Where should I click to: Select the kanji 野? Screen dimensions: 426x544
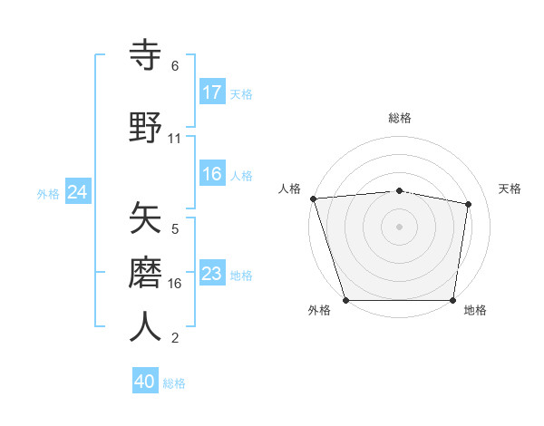[x=146, y=126]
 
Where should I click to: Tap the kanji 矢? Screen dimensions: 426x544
[x=146, y=218]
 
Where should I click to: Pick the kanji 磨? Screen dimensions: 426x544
[x=146, y=272]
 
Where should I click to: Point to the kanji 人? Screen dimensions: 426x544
[x=146, y=326]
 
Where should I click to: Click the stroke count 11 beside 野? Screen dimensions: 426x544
[x=175, y=139]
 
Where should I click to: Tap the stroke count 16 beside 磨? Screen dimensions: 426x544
[x=175, y=284]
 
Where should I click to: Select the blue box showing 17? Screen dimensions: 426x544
[x=212, y=92]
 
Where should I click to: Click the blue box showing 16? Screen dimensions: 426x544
[x=212, y=174]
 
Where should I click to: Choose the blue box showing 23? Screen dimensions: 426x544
[x=212, y=274]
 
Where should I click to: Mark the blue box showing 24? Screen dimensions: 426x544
[x=78, y=192]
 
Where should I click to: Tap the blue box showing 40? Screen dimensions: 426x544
[x=145, y=382]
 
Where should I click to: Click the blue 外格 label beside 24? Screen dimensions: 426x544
[x=48, y=193]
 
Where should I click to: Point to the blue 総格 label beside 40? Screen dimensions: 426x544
[x=174, y=383]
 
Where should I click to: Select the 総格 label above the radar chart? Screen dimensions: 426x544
[x=400, y=118]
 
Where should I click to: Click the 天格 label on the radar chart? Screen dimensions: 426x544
[x=510, y=189]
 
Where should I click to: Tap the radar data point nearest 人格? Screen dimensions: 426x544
[x=313, y=198]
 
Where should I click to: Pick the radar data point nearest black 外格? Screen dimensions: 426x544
[x=346, y=300]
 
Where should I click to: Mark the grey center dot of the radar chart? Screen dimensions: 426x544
[x=400, y=227]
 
